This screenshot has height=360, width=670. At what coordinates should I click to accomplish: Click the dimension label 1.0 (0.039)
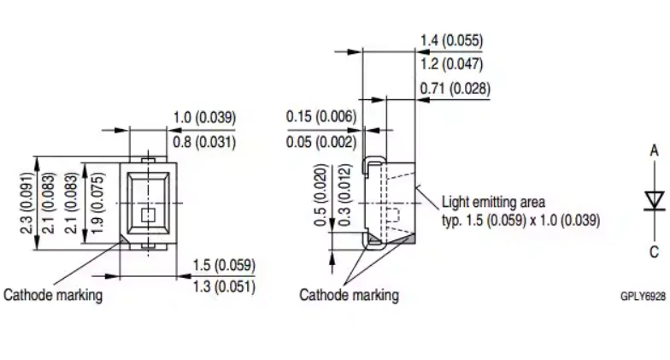coord(204,118)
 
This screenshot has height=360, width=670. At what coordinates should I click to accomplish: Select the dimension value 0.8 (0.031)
coord(204,142)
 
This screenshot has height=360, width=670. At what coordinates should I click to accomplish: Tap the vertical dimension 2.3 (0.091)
coord(27,204)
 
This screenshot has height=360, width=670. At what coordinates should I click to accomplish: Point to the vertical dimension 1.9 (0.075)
coord(97,204)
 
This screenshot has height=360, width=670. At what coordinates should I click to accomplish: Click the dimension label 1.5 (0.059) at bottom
coord(224,265)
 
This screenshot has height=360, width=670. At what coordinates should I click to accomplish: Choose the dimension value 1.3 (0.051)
coord(224,286)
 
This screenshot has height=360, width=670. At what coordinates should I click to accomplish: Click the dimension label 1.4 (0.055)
coord(451,41)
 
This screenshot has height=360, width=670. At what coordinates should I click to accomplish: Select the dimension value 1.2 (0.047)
coord(451,64)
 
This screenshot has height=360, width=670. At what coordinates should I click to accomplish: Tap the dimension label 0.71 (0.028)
coord(455,89)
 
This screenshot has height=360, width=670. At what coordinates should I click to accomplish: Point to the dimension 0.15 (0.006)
coord(321,116)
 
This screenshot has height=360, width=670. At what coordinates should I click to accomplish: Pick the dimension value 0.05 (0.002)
coord(321,142)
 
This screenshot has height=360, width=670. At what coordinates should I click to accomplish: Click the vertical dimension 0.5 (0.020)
coord(320,195)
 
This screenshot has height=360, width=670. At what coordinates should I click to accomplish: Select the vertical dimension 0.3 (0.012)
coord(344,195)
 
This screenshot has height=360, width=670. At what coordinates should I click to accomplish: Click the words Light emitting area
coord(494,202)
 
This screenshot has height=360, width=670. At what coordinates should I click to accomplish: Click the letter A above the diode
coord(655,150)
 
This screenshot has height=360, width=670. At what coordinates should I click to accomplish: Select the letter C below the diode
coord(655,251)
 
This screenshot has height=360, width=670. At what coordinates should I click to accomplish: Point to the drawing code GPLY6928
coord(643,296)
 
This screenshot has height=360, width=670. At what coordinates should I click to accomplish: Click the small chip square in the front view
coord(148,215)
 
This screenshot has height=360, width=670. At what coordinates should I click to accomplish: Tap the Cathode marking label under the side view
coord(349,295)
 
